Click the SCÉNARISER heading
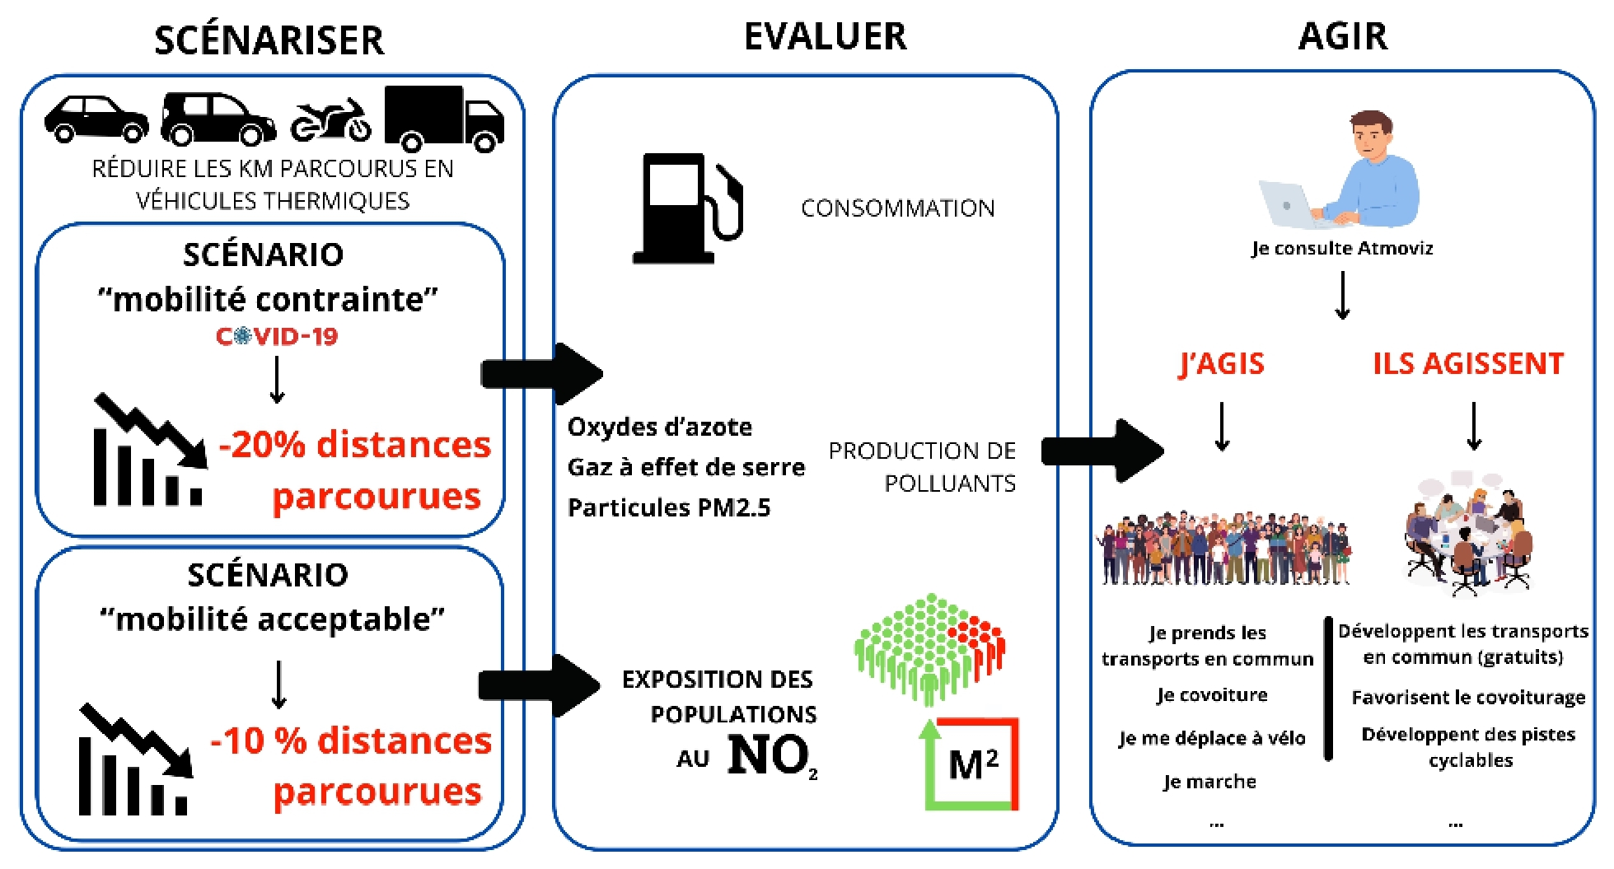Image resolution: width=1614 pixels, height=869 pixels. pos(269,40)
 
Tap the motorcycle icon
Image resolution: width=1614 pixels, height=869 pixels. pos(330,120)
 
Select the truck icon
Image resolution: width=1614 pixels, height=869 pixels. pos(443,118)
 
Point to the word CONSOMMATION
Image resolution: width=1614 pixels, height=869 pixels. pos(897,208)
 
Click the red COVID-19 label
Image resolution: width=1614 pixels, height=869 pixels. pos(277,336)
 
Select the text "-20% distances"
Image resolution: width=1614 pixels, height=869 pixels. pos(354,445)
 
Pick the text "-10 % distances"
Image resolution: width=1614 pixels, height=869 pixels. pos(351,741)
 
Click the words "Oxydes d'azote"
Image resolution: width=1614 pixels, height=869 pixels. pos(659,427)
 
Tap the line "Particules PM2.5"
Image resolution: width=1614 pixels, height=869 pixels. pos(668,507)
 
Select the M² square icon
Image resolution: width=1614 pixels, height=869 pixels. pos(971,764)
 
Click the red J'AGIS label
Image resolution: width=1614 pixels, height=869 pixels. pos(1221,363)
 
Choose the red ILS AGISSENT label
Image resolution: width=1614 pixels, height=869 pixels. pos(1467,363)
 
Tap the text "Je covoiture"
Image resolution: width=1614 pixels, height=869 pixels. pos(1211,695)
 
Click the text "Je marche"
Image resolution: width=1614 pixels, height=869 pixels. pos(1209,782)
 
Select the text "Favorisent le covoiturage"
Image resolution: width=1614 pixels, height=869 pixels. pos(1468,698)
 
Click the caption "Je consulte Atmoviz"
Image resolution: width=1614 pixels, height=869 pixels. pos(1341,249)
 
